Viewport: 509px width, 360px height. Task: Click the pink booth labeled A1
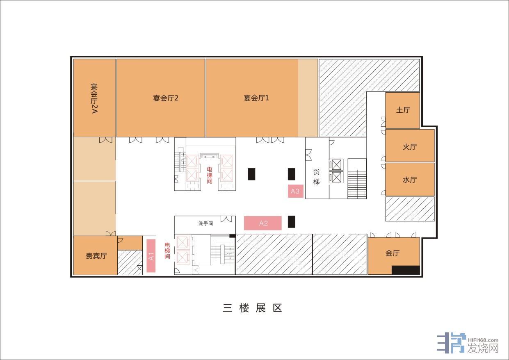[151, 255]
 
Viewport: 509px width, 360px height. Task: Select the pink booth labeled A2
[262, 223]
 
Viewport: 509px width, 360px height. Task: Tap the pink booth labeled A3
[296, 191]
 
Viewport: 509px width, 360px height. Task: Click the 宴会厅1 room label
[256, 98]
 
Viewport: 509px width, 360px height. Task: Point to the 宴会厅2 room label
[165, 98]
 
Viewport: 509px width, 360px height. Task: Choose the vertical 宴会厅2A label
[94, 98]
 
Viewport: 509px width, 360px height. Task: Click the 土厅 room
[403, 110]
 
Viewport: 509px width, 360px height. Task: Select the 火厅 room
[410, 146]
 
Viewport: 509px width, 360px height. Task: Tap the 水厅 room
[410, 180]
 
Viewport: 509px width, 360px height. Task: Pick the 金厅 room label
[393, 253]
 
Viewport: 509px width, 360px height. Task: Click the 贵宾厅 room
[96, 255]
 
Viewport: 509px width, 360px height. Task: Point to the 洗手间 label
[205, 223]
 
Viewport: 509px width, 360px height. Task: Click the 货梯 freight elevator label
[316, 177]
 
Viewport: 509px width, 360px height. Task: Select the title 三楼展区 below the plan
[253, 308]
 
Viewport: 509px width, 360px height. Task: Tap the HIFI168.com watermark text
[483, 340]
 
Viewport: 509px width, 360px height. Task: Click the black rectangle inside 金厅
[406, 270]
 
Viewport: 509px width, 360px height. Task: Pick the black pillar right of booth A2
[292, 222]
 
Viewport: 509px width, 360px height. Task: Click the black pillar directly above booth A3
[292, 174]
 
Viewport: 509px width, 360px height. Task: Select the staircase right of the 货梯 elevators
[357, 179]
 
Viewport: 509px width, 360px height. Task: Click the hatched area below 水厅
[410, 209]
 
